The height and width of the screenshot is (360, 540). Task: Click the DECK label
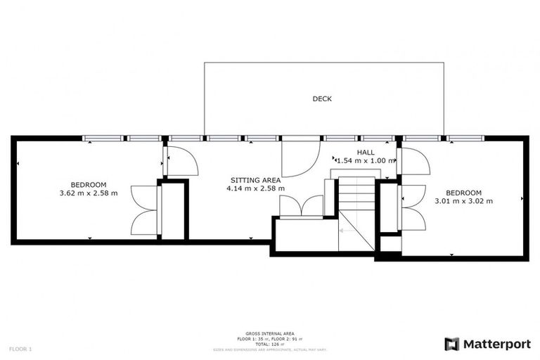click(x=322, y=99)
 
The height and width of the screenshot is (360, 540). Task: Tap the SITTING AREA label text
click(x=255, y=179)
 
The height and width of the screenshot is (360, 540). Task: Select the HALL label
click(x=365, y=152)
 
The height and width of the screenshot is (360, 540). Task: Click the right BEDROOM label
click(x=464, y=193)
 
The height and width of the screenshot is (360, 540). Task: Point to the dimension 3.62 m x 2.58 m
click(x=88, y=193)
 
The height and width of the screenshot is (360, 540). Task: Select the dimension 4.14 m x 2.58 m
click(x=255, y=188)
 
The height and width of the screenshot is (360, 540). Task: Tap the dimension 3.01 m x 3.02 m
click(x=464, y=201)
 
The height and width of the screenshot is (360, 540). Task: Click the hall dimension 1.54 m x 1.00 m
click(x=366, y=161)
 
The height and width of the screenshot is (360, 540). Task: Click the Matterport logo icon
click(x=452, y=344)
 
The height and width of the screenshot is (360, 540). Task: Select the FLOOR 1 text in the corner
click(x=20, y=349)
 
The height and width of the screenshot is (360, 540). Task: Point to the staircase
click(x=355, y=211)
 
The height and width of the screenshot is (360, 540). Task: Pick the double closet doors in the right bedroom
click(x=413, y=208)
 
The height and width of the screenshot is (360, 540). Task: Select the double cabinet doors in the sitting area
click(x=301, y=207)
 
